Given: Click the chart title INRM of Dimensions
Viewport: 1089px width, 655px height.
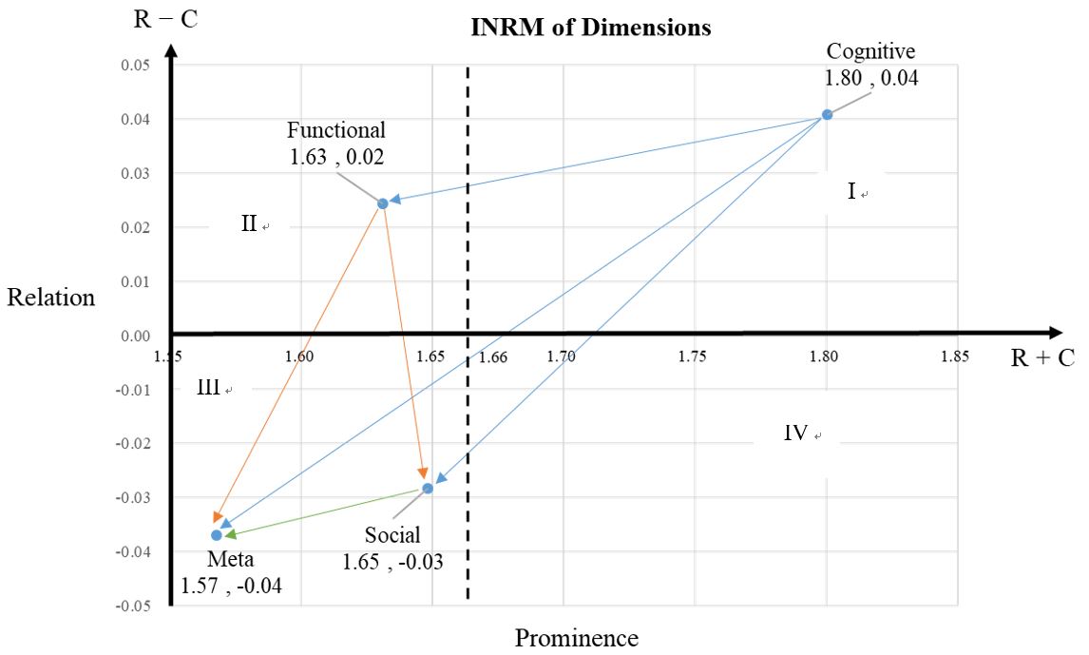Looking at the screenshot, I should pos(591,27).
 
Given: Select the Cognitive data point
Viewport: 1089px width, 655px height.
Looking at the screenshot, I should pos(827,114).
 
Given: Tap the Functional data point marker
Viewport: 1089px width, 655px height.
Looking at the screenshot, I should pos(383,203).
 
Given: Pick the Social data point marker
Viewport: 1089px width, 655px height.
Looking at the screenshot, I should pos(428,488).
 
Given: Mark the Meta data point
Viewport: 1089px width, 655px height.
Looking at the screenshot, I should pos(217,535).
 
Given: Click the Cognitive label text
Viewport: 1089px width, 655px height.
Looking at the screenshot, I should pos(870,51).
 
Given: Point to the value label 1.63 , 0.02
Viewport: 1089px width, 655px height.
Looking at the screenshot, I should pos(337,157).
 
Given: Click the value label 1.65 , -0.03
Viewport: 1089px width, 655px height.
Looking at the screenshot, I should pos(393,561).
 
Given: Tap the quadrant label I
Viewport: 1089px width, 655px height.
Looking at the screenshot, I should pos(851,192).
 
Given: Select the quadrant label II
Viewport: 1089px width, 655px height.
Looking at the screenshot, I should pos(249,224).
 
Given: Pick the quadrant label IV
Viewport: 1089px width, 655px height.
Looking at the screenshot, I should pos(795,433).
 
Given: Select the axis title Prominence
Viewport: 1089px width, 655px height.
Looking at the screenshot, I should pos(577,638).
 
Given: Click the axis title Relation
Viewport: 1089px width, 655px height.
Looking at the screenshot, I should pos(51,298).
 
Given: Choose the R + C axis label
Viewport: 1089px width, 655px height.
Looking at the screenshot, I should pos(1042,358).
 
